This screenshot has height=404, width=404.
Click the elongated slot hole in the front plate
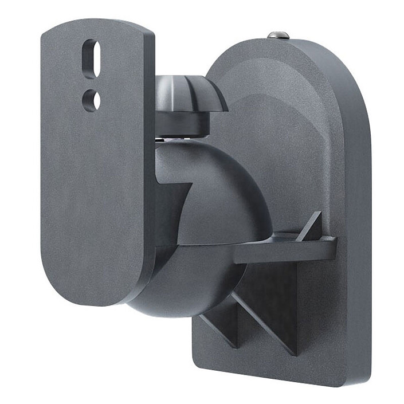(x=92, y=58)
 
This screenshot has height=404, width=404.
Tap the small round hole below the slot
(x=91, y=100)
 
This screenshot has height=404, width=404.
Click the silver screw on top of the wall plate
(x=277, y=35)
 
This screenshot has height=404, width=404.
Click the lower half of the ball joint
(x=189, y=287)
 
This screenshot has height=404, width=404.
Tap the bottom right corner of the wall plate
(x=358, y=378)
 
